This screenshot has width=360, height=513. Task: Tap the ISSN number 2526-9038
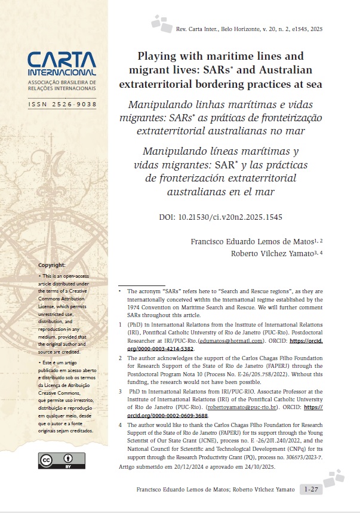tap(62, 105)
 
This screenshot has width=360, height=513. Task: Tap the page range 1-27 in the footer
tap(310, 490)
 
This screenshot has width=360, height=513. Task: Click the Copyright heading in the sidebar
tap(52, 265)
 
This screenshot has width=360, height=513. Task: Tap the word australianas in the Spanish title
tap(183, 192)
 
